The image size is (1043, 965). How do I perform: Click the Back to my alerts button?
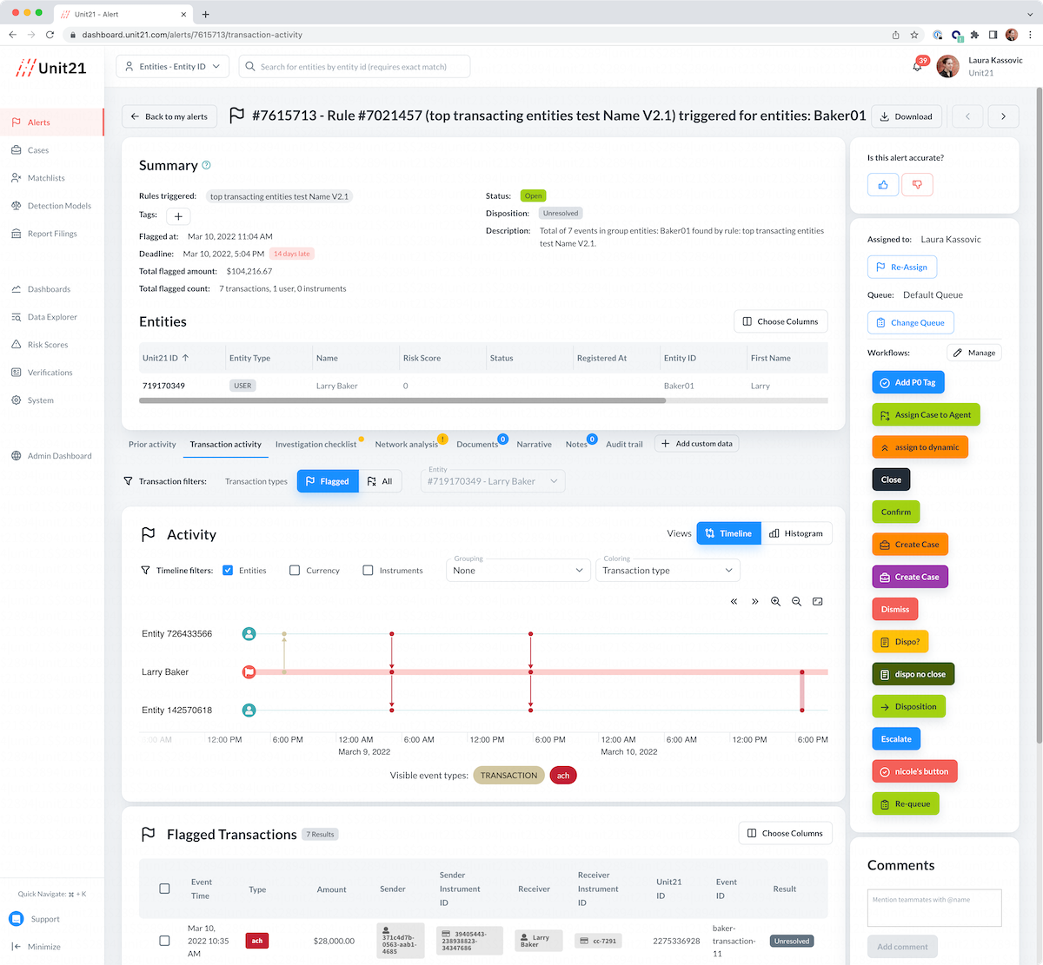click(169, 116)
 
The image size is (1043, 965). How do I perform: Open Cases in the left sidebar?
click(38, 150)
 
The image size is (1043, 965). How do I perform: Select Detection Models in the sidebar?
click(59, 206)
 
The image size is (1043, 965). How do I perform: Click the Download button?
click(906, 116)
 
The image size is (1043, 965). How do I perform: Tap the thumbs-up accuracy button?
click(883, 184)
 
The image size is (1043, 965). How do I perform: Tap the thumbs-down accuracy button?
click(917, 184)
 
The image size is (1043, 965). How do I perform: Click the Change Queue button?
click(910, 323)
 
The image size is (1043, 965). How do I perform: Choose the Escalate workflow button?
click(896, 739)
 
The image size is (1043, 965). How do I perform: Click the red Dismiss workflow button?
click(894, 609)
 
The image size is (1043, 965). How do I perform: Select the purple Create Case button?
click(909, 577)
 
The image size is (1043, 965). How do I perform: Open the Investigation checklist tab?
click(316, 445)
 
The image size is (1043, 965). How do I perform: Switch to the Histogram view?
click(796, 533)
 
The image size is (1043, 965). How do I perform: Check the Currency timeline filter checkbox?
click(295, 571)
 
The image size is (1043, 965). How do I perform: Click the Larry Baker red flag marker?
click(249, 672)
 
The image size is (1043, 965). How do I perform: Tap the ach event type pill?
click(563, 776)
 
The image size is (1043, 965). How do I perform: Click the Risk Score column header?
click(422, 358)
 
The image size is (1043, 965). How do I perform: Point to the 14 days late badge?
click(291, 254)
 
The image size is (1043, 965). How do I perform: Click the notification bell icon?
click(917, 67)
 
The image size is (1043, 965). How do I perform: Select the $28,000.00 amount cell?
click(334, 941)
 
